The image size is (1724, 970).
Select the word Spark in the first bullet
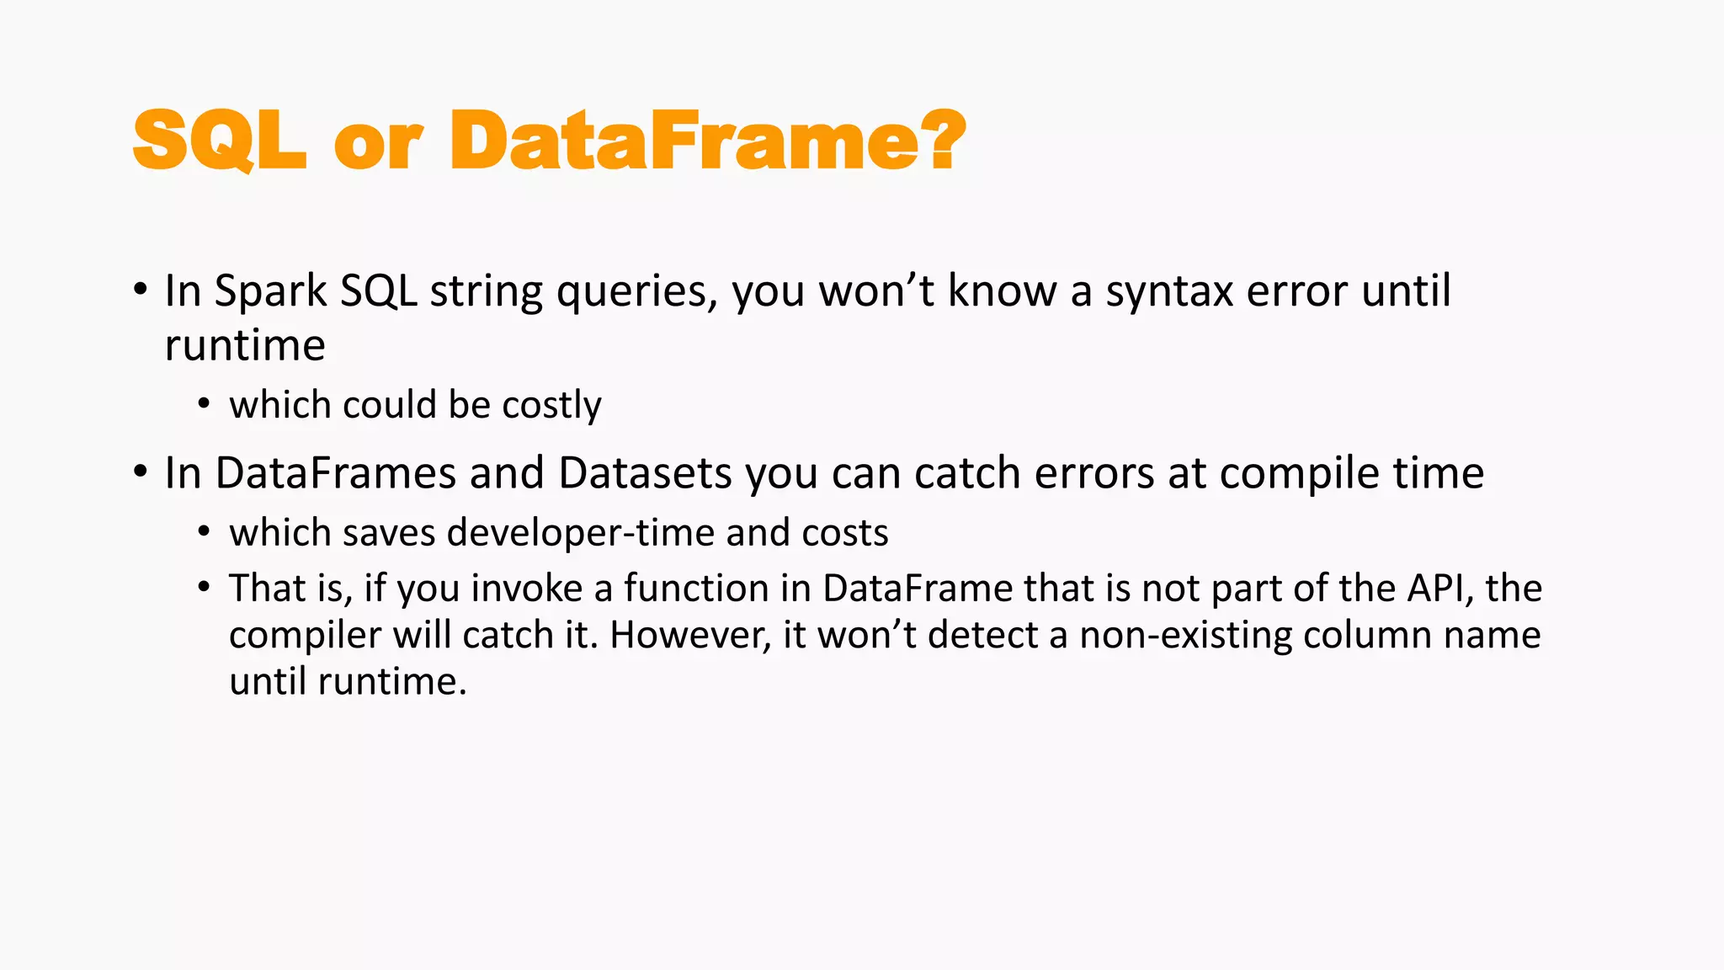click(270, 291)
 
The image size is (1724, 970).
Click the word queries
click(636, 293)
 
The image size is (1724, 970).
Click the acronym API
click(1439, 589)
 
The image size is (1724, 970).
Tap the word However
click(689, 635)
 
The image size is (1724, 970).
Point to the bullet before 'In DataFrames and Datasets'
click(140, 472)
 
